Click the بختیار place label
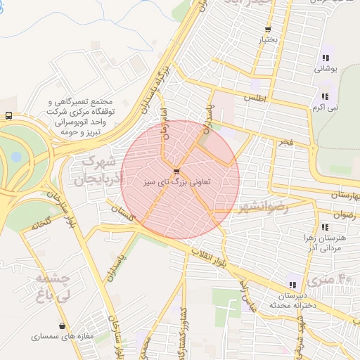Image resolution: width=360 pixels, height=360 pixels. [269, 40]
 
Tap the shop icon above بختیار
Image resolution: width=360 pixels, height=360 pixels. [268, 30]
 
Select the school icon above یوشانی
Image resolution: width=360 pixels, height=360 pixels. [325, 58]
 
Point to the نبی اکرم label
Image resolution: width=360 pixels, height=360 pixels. [325, 108]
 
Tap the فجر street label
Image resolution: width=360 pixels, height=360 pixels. [285, 142]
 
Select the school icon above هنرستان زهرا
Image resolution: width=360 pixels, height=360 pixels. [325, 227]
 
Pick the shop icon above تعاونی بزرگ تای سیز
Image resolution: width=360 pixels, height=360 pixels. [176, 170]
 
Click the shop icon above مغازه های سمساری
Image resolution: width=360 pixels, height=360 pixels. [64, 326]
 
